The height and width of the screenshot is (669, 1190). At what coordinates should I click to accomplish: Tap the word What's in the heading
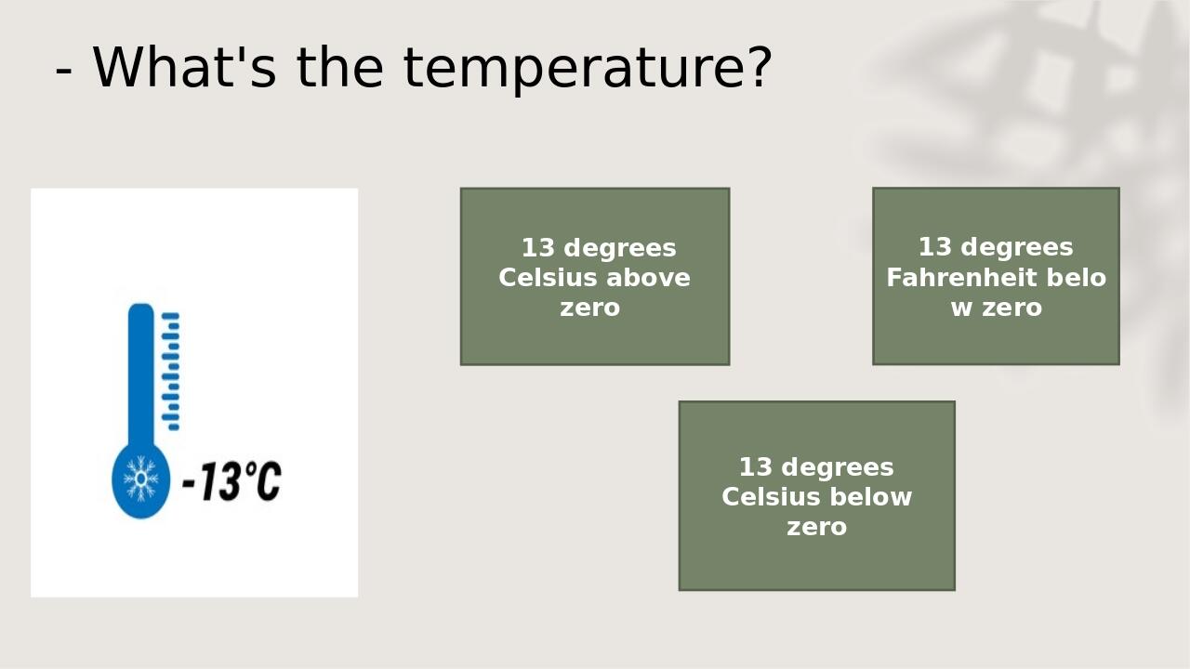(x=184, y=67)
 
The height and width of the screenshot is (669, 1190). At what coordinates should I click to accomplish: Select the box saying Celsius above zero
(x=595, y=277)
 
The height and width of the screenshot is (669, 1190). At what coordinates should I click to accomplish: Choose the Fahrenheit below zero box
(x=996, y=276)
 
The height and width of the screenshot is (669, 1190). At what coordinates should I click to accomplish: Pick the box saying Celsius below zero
(x=816, y=495)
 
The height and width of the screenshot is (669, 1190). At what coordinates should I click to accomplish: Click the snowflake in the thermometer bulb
(x=140, y=479)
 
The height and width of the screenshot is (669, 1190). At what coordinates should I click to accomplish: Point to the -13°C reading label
(x=231, y=481)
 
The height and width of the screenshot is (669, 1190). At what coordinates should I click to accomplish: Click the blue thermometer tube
(x=140, y=372)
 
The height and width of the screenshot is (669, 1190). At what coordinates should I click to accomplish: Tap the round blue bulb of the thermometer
(x=140, y=481)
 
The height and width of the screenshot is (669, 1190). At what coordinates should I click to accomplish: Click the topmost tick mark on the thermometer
(x=171, y=316)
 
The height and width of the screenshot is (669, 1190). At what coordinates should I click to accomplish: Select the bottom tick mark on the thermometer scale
(x=173, y=427)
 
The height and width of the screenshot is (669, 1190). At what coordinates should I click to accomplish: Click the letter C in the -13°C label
(x=268, y=481)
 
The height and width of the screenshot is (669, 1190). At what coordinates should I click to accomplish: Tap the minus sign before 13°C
(x=189, y=483)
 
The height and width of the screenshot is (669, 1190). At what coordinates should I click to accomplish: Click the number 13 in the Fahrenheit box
(x=934, y=247)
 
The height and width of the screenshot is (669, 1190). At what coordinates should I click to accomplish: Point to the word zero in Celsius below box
(x=816, y=527)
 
